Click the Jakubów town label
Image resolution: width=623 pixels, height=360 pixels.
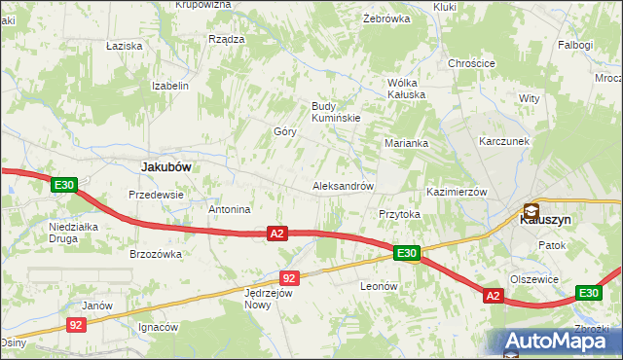coord(165,166)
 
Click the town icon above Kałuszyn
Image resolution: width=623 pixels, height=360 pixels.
coord(531,209)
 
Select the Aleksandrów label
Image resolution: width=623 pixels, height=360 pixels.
coord(343,185)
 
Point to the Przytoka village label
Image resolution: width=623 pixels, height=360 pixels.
coord(398,214)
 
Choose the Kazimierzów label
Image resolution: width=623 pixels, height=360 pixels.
coord(456,192)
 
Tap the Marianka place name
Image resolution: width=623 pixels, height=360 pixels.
coord(406,143)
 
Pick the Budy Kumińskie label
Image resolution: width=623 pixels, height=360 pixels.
coord(336,112)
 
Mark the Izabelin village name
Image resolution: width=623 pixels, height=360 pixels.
coord(169,86)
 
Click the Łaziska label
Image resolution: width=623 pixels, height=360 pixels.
coord(125,46)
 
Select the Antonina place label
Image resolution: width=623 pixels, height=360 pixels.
coord(230,209)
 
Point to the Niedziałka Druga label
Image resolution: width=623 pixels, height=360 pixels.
coord(76,234)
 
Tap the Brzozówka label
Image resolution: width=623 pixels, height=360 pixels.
coord(156,254)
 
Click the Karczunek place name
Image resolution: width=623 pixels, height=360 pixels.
coord(503,141)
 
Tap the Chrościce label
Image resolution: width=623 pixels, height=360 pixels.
coord(472,63)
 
